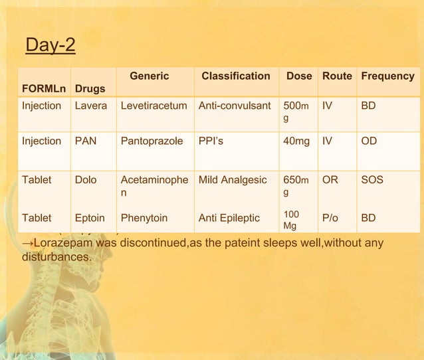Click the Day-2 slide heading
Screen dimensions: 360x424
click(x=50, y=46)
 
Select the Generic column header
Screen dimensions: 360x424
click(x=149, y=76)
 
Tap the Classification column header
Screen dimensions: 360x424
click(x=235, y=76)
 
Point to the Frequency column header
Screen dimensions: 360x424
click(x=387, y=76)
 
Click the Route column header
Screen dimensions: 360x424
click(x=337, y=76)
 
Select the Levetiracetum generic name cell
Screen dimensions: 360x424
click(x=154, y=106)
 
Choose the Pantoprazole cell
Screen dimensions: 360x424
click(x=150, y=141)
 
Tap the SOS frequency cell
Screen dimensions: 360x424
click(x=371, y=179)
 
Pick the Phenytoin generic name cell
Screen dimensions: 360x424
click(x=144, y=217)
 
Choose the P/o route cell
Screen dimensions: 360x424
click(x=330, y=217)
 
